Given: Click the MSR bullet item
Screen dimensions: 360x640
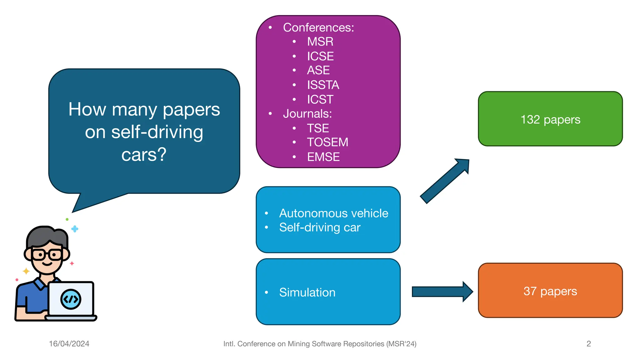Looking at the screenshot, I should pyautogui.click(x=320, y=42).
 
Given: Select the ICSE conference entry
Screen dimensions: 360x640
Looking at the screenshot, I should pyautogui.click(x=320, y=56).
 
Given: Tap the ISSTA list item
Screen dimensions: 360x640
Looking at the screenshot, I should pyautogui.click(x=323, y=85).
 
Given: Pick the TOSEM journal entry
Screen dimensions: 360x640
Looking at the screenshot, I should pyautogui.click(x=327, y=142).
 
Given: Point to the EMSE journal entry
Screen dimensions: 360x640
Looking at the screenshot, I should pyautogui.click(x=323, y=157).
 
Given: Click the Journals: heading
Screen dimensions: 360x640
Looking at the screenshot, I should pyautogui.click(x=307, y=114).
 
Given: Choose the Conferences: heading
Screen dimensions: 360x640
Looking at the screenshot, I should pyautogui.click(x=318, y=27).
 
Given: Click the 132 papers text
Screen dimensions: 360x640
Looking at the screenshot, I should pyautogui.click(x=550, y=120).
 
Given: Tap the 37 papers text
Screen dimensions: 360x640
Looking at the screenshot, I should pyautogui.click(x=550, y=291).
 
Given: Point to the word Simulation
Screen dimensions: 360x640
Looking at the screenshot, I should pyautogui.click(x=307, y=292).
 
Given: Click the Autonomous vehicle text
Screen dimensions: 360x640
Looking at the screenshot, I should pyautogui.click(x=333, y=213).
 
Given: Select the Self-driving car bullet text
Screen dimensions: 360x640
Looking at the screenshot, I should pyautogui.click(x=319, y=227).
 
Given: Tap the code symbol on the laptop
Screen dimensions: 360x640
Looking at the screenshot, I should pyautogui.click(x=71, y=299).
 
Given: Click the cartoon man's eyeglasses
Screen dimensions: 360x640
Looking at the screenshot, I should pyautogui.click(x=47, y=255).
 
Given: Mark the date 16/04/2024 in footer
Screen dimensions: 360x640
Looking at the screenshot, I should pyautogui.click(x=69, y=344).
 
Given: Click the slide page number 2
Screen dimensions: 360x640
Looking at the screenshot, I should pyautogui.click(x=588, y=344).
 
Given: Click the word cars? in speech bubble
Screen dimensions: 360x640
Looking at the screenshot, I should pyautogui.click(x=144, y=155).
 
